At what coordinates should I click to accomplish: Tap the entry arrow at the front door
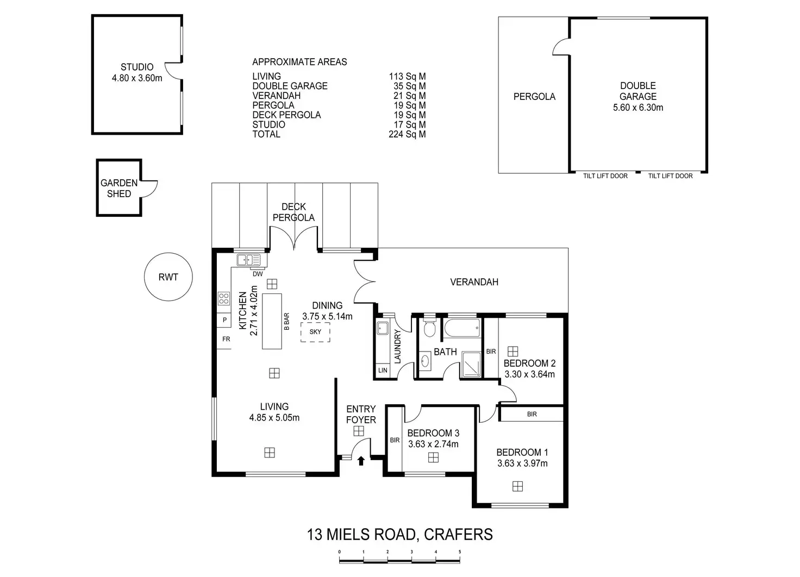click(361, 461)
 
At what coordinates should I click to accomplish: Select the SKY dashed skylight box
click(315, 332)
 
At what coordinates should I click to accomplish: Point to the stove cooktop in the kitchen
click(224, 298)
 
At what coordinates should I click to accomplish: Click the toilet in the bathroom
click(429, 328)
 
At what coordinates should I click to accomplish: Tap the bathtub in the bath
click(462, 328)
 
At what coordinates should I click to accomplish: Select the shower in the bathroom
click(471, 364)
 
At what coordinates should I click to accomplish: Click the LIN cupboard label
click(383, 370)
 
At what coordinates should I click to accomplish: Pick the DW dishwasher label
click(258, 274)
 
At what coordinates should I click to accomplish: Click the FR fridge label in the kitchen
click(226, 339)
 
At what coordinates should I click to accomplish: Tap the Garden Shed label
click(119, 188)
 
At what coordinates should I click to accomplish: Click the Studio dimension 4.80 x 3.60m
click(137, 78)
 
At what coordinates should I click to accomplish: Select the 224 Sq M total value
click(407, 134)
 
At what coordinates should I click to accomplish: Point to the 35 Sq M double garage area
click(410, 86)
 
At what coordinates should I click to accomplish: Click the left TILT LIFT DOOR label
click(605, 176)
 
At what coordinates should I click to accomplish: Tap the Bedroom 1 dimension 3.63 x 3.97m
click(522, 463)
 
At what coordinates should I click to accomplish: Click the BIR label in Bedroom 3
click(395, 440)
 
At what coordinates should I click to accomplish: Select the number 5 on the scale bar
click(460, 551)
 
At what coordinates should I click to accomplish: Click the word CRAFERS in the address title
click(459, 535)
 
